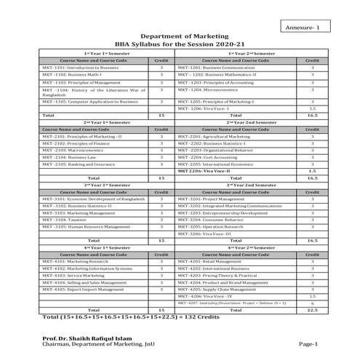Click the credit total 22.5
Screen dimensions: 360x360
(x=312, y=310)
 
